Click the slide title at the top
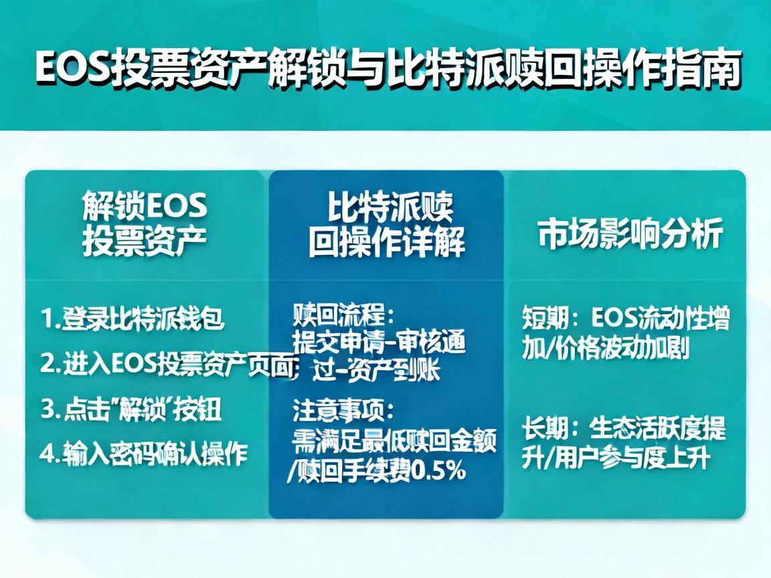point(388,71)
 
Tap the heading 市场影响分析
point(630,235)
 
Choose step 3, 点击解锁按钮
point(131,409)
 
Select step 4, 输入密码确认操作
point(144,454)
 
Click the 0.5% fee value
point(440,472)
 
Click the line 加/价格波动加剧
point(606,349)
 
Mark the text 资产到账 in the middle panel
point(402,372)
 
